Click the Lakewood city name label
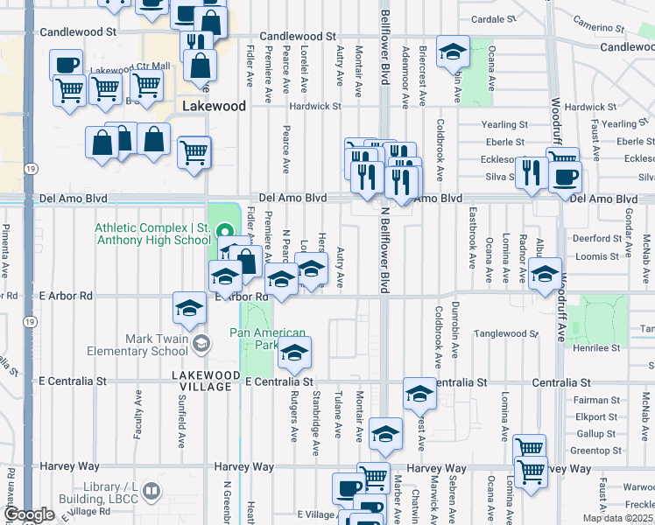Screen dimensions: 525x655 click(x=214, y=106)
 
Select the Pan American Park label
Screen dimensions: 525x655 click(x=268, y=339)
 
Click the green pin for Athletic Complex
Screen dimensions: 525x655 click(x=223, y=232)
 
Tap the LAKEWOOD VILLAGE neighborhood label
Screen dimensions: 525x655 click(x=205, y=381)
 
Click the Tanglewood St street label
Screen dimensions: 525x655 click(x=506, y=334)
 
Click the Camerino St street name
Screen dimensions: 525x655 click(x=604, y=23)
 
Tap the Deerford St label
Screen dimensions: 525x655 click(x=596, y=237)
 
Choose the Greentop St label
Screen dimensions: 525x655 click(x=595, y=451)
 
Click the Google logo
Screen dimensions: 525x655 click(x=29, y=514)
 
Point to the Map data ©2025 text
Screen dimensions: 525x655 click(x=617, y=518)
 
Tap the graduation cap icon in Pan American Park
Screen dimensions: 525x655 click(x=294, y=353)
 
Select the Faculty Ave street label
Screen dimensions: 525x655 click(x=137, y=416)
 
